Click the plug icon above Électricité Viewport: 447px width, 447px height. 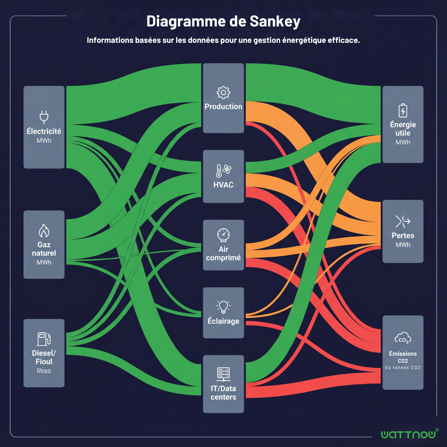click(44, 117)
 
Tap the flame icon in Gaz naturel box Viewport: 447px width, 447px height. click(44, 231)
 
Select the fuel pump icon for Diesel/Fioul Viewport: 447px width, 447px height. click(44, 339)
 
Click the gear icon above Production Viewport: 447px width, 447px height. click(223, 92)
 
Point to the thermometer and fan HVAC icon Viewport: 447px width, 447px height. click(223, 171)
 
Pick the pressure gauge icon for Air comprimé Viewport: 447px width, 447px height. click(223, 235)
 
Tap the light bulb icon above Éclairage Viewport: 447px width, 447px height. click(223, 307)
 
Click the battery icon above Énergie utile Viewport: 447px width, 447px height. click(403, 111)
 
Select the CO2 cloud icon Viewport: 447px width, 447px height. click(403, 338)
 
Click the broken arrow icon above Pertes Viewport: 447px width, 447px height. click(403, 221)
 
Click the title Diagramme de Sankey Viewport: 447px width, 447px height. click(223, 22)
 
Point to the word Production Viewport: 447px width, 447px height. click(223, 107)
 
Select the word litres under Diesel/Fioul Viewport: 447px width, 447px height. click(44, 371)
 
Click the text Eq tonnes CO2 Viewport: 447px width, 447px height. click(403, 368)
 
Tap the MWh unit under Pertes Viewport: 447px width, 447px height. click(403, 245)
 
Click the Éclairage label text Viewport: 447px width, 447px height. click(223, 321)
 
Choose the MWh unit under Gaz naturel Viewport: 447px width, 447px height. click(44, 262)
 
